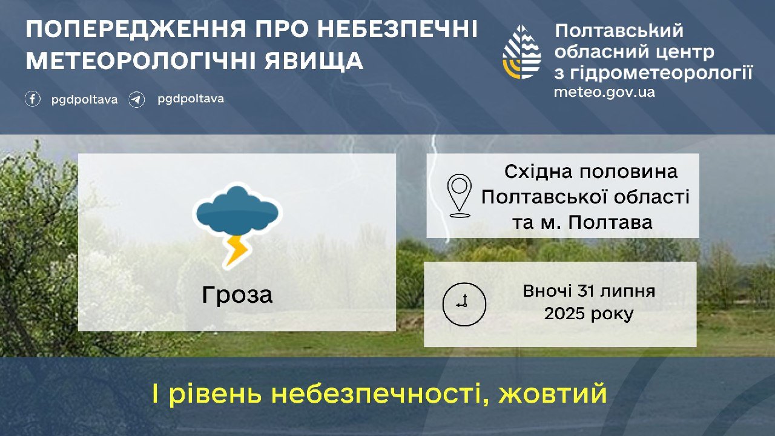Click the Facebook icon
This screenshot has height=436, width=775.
[x=33, y=99]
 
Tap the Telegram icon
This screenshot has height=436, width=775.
[x=137, y=100]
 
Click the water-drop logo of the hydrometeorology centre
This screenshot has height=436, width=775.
[x=521, y=52]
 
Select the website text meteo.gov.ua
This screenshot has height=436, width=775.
[x=604, y=93]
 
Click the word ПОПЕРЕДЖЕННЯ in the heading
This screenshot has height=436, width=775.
[x=136, y=29]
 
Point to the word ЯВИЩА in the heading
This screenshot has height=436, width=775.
[x=314, y=61]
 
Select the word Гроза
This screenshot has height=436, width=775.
[x=237, y=296]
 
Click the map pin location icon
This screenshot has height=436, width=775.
[x=459, y=196]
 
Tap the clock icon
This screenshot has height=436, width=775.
[x=464, y=305]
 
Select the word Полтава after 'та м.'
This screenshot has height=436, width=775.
[x=611, y=223]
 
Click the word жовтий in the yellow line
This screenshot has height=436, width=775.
[x=553, y=394]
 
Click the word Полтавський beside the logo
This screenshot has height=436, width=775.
[x=619, y=31]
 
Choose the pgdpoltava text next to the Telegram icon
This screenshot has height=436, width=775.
[x=191, y=99]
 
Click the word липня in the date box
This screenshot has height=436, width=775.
[x=628, y=291]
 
